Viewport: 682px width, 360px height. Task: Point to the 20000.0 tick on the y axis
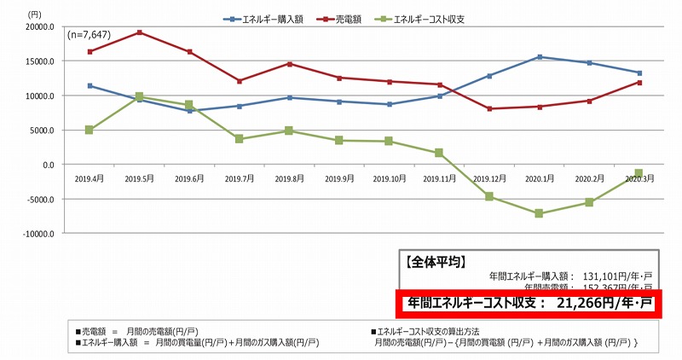click(40, 26)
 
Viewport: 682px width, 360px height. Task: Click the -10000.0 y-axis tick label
click(38, 233)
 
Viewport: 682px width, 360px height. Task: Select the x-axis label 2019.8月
click(289, 178)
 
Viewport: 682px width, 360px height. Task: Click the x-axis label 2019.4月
click(90, 178)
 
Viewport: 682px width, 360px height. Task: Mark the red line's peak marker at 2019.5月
click(139, 32)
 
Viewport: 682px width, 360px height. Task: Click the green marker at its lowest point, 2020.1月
click(539, 213)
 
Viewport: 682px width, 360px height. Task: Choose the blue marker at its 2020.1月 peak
click(539, 57)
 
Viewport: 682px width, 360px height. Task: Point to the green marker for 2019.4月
click(90, 130)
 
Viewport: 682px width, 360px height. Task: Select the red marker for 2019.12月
click(489, 109)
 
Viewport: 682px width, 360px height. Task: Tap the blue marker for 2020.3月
click(639, 73)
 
